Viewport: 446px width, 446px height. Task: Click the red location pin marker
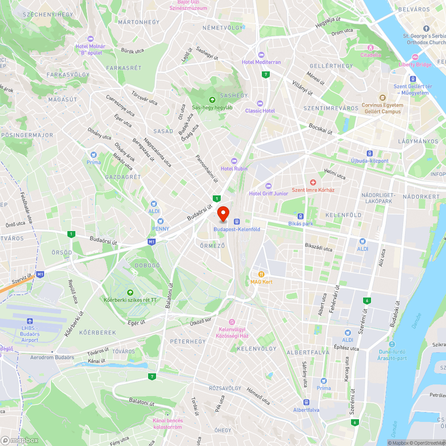click(x=223, y=213)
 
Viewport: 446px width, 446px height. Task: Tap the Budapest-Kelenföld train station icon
click(x=237, y=221)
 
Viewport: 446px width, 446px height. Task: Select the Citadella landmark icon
click(x=370, y=48)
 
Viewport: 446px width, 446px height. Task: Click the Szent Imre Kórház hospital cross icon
click(x=313, y=182)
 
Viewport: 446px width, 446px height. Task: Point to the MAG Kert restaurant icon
click(x=261, y=274)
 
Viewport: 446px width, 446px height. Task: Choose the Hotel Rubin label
click(x=234, y=169)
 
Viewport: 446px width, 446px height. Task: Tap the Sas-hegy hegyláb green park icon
click(x=212, y=99)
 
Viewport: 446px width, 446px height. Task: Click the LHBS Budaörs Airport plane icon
click(x=30, y=321)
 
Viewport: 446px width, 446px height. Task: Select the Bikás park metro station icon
click(x=301, y=216)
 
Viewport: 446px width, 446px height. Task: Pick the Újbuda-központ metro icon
click(x=369, y=153)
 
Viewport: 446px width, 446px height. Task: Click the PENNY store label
click(x=160, y=229)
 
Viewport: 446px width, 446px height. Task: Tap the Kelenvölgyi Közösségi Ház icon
click(x=231, y=322)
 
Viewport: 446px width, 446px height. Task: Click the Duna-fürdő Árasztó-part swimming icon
click(x=392, y=344)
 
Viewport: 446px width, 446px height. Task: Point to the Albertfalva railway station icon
click(x=306, y=402)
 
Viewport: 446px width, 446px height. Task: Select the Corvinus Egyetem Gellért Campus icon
click(x=382, y=98)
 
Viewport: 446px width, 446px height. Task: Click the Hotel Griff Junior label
click(x=268, y=194)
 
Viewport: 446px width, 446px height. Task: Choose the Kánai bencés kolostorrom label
click(x=167, y=424)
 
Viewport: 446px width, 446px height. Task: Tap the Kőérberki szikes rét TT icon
click(x=130, y=292)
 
